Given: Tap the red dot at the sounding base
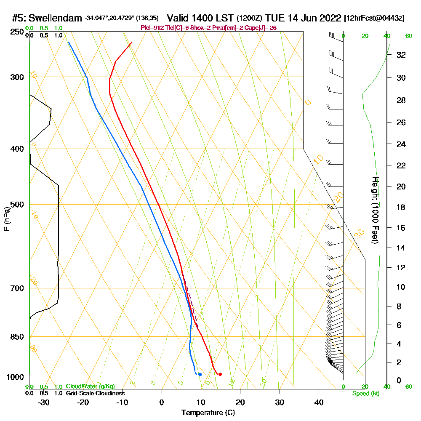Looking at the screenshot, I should tap(220, 374).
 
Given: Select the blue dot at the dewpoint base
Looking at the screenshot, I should tap(200, 374).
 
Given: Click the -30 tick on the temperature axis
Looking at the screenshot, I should tap(43, 402).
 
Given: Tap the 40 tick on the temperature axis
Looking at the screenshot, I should tap(319, 402).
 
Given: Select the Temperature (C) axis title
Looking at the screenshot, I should tap(208, 413).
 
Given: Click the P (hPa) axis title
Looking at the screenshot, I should tap(6, 219).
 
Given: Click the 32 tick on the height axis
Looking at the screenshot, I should tap(401, 55).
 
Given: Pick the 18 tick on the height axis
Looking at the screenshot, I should tap(401, 207).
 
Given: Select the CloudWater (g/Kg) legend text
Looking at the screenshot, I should tap(90, 386).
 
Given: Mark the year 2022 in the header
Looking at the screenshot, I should tap(330, 18).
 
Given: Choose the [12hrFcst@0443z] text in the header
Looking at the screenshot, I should tap(374, 19).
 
